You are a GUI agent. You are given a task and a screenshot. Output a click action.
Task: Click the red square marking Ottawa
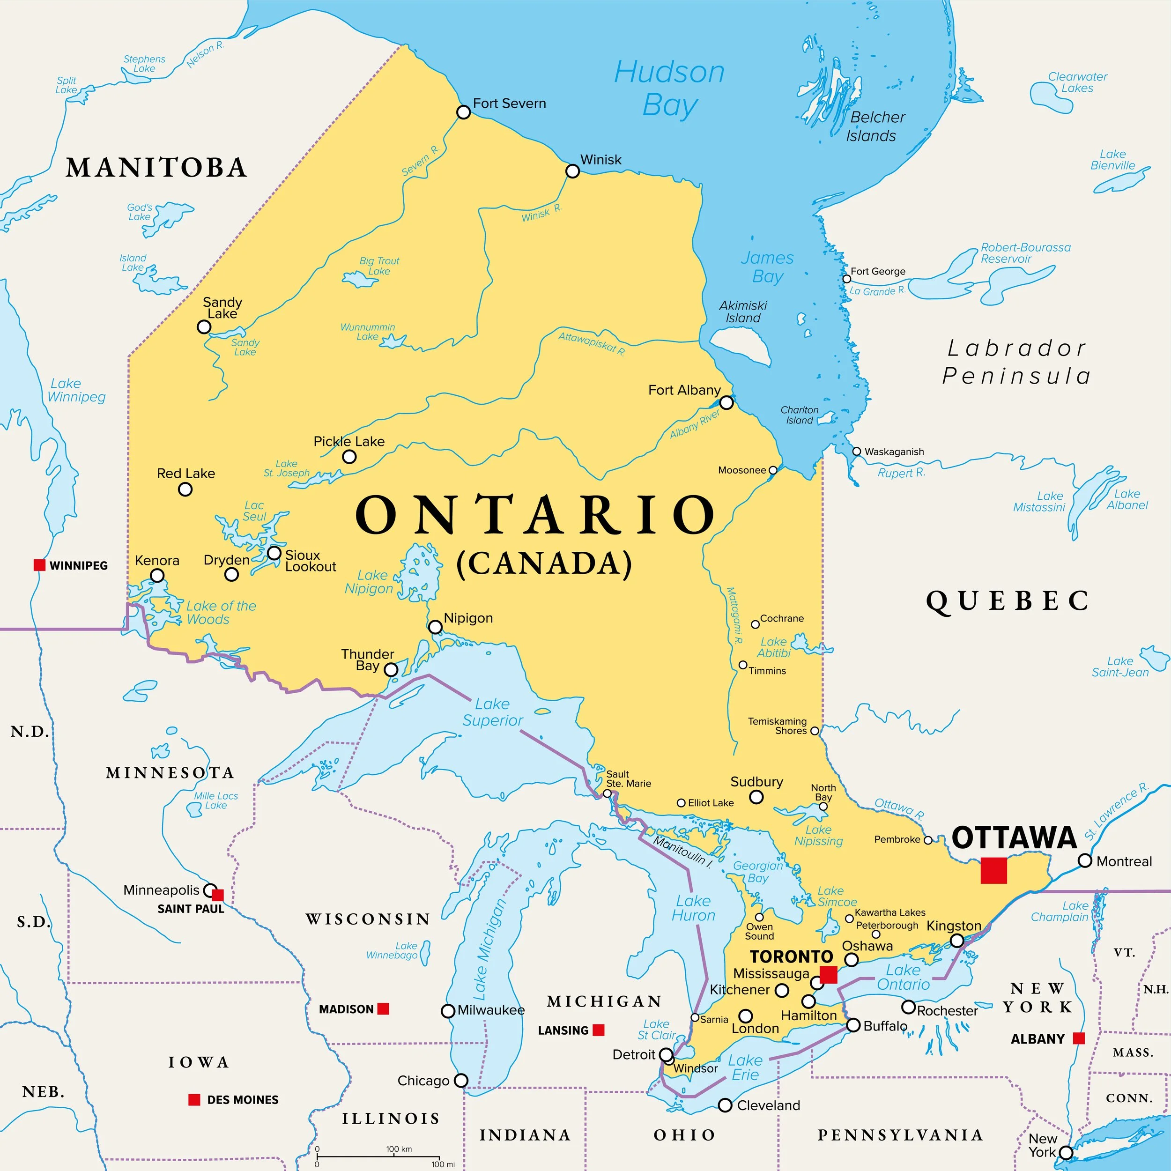993,870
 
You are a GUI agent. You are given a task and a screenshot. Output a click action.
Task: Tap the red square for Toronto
829,975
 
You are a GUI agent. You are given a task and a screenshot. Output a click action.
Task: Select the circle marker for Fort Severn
463,112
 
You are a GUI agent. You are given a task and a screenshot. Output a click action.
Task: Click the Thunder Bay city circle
392,670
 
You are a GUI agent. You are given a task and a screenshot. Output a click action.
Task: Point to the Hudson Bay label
669,89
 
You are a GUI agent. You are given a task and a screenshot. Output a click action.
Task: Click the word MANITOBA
156,168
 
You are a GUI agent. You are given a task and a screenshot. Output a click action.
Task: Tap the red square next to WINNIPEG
39,565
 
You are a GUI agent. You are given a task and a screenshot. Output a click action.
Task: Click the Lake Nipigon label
369,582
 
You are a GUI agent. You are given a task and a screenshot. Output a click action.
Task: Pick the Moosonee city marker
773,470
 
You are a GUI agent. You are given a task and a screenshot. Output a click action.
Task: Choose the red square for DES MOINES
194,1099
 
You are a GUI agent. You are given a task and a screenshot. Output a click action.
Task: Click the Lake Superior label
492,712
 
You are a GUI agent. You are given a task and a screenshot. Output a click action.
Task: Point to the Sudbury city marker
756,797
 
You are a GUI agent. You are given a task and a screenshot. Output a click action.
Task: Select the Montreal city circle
1085,860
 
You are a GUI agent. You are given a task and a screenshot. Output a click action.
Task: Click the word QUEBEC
1008,601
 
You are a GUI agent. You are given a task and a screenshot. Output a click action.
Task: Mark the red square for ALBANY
1079,1038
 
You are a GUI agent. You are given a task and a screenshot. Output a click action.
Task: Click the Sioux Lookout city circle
274,553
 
